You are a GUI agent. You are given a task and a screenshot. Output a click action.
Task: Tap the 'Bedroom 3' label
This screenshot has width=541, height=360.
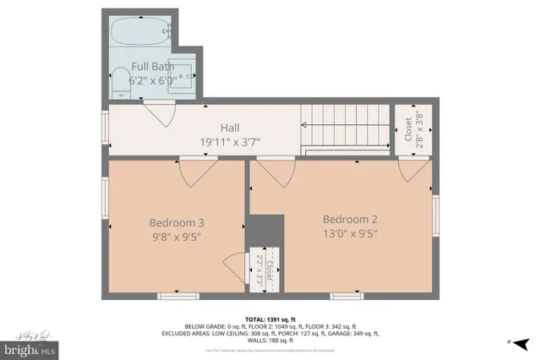(177, 222)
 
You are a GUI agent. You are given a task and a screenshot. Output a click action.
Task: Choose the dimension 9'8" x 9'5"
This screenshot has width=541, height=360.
(177, 237)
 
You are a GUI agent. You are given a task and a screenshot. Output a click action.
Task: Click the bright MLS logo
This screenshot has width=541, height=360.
(30, 347)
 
